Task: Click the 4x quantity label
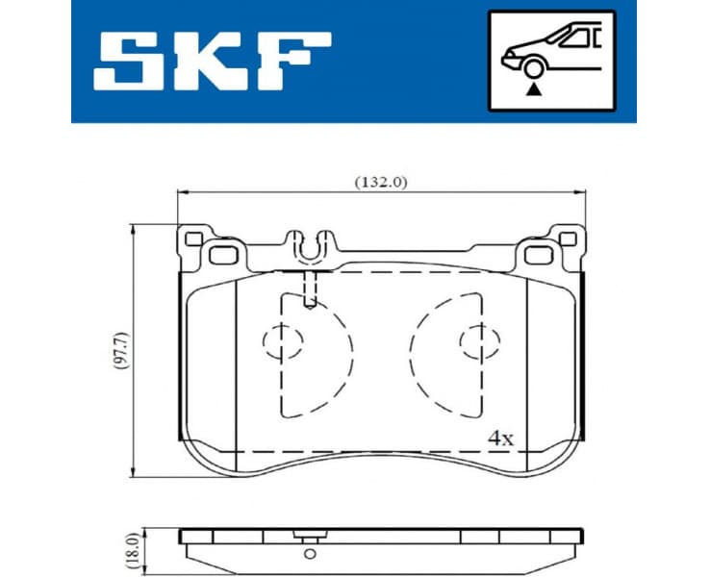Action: [x=500, y=437]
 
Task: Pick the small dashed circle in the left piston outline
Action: [x=282, y=340]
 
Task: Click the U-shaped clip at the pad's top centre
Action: [x=309, y=248]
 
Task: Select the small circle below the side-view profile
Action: [x=309, y=554]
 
